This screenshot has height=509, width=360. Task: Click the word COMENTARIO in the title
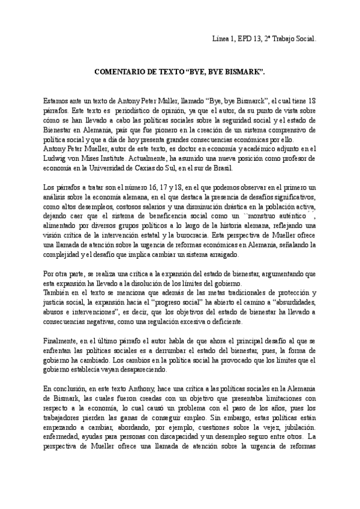point(122,71)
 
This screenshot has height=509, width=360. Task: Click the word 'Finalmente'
point(62,340)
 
